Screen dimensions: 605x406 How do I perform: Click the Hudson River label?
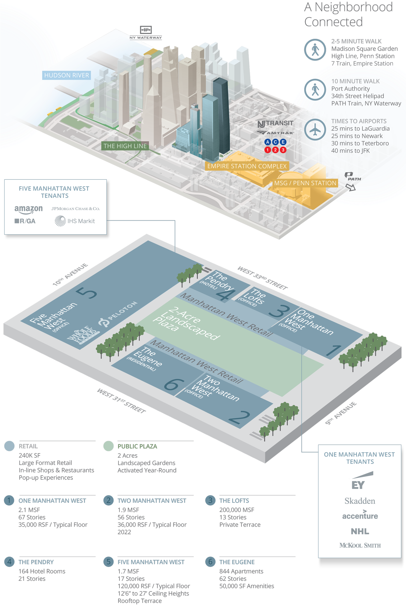pos(66,75)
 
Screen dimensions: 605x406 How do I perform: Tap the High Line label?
pos(125,146)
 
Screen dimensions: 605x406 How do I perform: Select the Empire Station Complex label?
pos(247,166)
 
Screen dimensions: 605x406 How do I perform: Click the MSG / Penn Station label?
pos(305,183)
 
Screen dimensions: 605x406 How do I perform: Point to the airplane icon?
pos(315,129)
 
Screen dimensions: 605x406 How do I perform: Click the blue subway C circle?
pos(275,142)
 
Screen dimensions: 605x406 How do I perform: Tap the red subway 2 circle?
pos(275,150)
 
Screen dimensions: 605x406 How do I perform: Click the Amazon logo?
pos(28,209)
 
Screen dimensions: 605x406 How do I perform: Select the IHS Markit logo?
pos(75,221)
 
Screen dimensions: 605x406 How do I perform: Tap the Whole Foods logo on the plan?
pos(83,335)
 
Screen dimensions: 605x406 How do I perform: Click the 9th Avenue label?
pos(341,413)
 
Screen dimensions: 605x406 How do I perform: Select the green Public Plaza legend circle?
pos(109,446)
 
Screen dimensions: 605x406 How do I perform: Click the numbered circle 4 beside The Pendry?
pos(9,562)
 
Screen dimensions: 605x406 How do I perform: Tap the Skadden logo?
pos(360,501)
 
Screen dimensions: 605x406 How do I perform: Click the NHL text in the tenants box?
pos(360,531)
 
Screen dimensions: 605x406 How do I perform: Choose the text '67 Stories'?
pos(32,517)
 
